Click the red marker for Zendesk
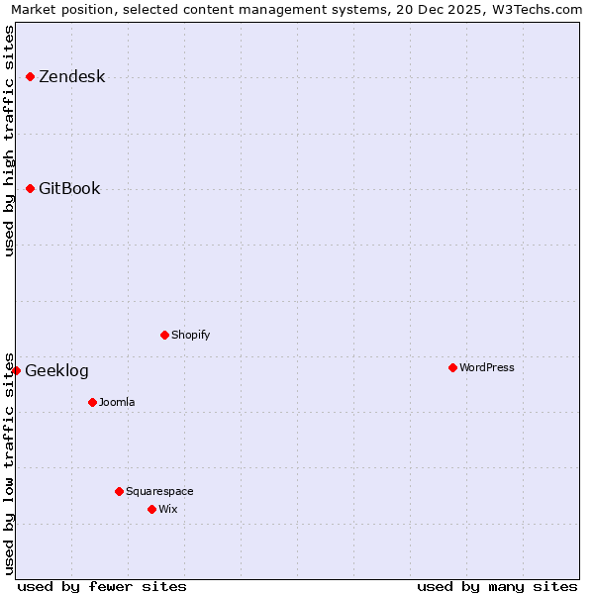pyautogui.click(x=31, y=76)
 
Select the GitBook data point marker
pyautogui.click(x=31, y=188)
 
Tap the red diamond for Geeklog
pyautogui.click(x=17, y=370)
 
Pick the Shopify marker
pyautogui.click(x=165, y=335)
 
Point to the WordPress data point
pyautogui.click(x=453, y=367)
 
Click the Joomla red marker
pyautogui.click(x=93, y=402)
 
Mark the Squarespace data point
pyautogui.click(x=120, y=491)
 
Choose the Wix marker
pyautogui.click(x=152, y=509)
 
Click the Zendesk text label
pyautogui.click(x=71, y=77)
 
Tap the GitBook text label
pyautogui.click(x=69, y=189)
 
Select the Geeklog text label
pyautogui.click(x=56, y=371)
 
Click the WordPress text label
pyautogui.click(x=487, y=367)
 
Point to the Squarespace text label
pyautogui.click(x=159, y=491)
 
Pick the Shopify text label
pyautogui.click(x=191, y=335)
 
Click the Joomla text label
pyautogui.click(x=117, y=402)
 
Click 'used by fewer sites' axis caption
pyautogui.click(x=102, y=586)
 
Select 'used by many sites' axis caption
pyautogui.click(x=497, y=586)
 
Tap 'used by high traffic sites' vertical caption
pyautogui.click(x=10, y=141)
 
